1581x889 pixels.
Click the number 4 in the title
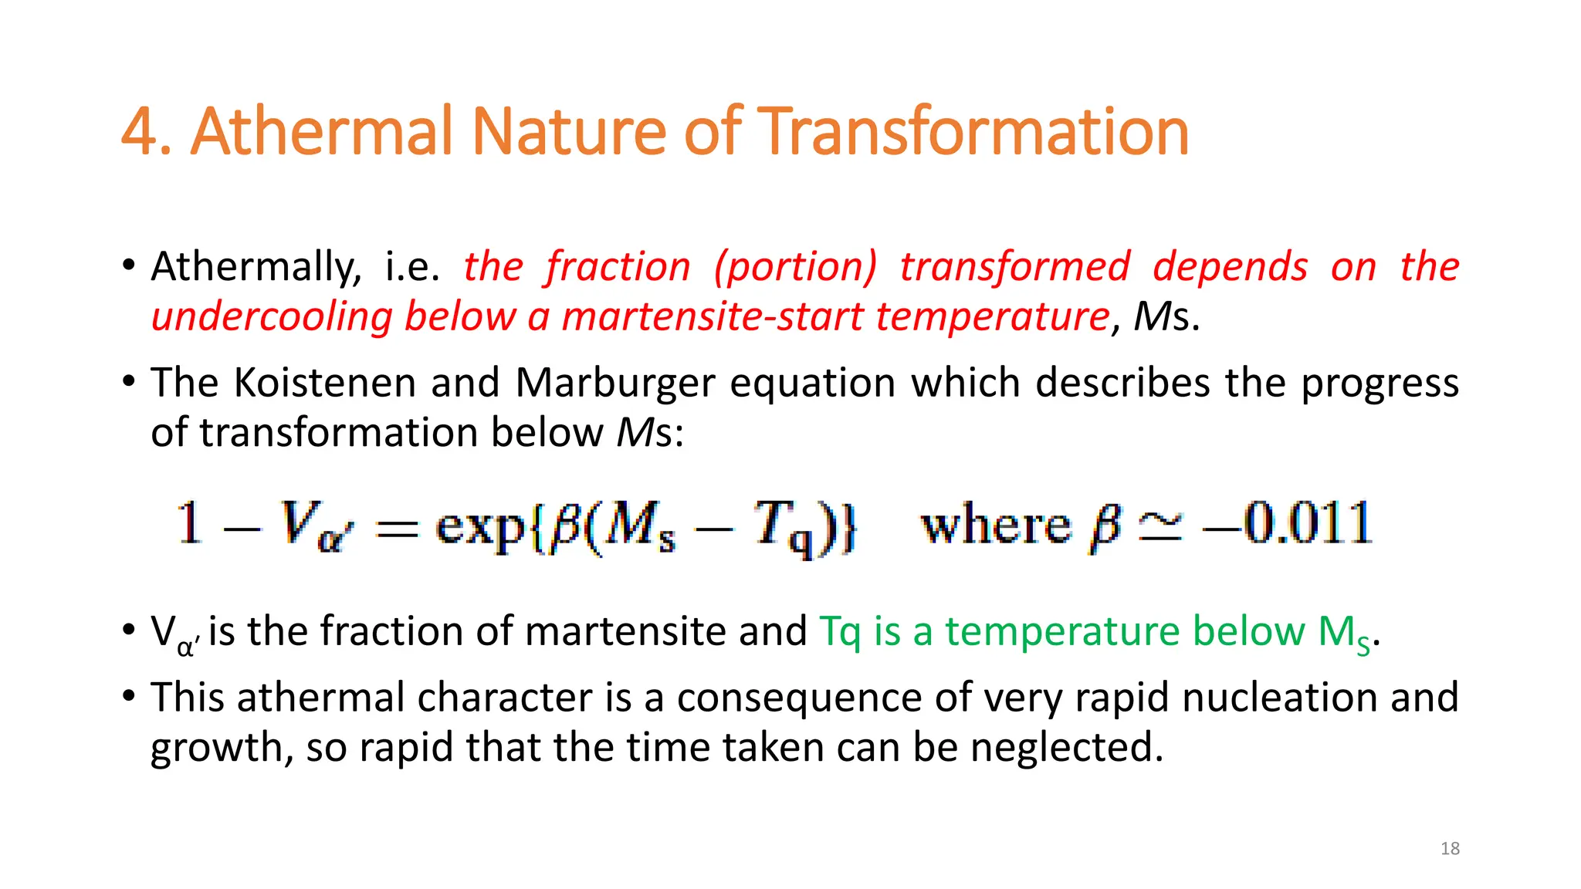[x=139, y=133]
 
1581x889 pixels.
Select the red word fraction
[x=618, y=267]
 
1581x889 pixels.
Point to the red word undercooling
[x=272, y=317]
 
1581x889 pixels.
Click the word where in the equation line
[x=996, y=526]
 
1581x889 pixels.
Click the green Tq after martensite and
[x=839, y=633]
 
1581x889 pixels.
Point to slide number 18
[x=1450, y=849]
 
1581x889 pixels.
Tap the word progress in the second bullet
[x=1380, y=384]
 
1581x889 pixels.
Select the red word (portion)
[x=795, y=267]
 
